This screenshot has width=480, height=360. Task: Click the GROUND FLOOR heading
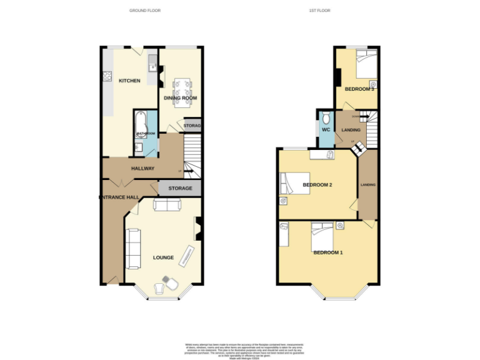(x=145, y=11)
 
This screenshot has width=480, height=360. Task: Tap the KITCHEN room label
(x=129, y=81)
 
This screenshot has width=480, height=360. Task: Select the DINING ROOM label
(x=181, y=98)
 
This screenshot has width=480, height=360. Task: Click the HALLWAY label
(x=142, y=169)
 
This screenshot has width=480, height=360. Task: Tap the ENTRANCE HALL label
(x=119, y=197)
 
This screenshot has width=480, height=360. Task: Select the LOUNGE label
(x=163, y=257)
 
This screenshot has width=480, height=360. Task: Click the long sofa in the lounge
(x=133, y=248)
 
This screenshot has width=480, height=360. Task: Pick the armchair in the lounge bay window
(x=159, y=287)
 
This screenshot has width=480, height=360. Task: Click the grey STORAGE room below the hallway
(x=179, y=187)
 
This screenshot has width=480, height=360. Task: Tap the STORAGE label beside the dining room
(x=192, y=126)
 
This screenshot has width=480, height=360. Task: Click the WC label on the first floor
(x=326, y=130)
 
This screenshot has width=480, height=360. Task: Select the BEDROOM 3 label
(x=359, y=89)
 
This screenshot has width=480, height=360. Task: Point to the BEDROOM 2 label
(x=317, y=185)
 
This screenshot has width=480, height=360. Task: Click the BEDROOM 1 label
(x=328, y=252)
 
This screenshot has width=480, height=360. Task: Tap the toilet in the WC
(x=325, y=119)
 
